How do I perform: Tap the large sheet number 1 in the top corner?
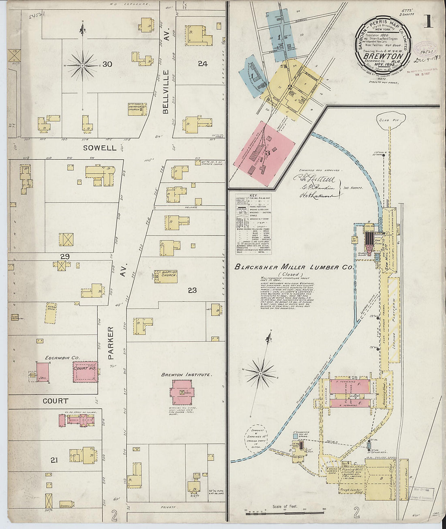(428, 21)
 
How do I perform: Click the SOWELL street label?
(99, 148)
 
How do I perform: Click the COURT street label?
(56, 401)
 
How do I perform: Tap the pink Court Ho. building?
(85, 372)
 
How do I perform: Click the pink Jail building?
(43, 372)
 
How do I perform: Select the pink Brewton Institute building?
(182, 392)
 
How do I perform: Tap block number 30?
(107, 64)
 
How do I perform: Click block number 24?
(202, 63)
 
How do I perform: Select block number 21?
(54, 460)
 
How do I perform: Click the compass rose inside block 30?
(82, 65)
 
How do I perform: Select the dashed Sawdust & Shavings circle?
(256, 439)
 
